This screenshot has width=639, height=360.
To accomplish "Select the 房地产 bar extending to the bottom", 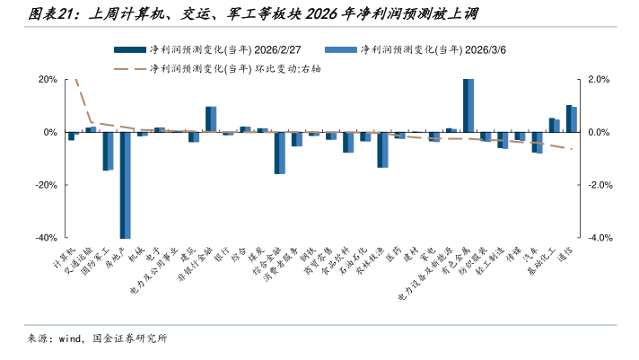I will (125, 184).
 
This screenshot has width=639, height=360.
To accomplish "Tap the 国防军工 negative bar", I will (108, 151).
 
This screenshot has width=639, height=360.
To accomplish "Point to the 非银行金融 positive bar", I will (211, 119).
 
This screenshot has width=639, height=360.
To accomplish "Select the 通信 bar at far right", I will (571, 119).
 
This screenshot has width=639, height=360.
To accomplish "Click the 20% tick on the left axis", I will (47, 79).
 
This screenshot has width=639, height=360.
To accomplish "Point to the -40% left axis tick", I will (45, 238).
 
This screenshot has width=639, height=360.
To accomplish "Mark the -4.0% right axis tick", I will (600, 238).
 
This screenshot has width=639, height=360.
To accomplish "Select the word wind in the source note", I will (70, 338).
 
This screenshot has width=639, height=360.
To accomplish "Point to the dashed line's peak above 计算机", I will (76, 80).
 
